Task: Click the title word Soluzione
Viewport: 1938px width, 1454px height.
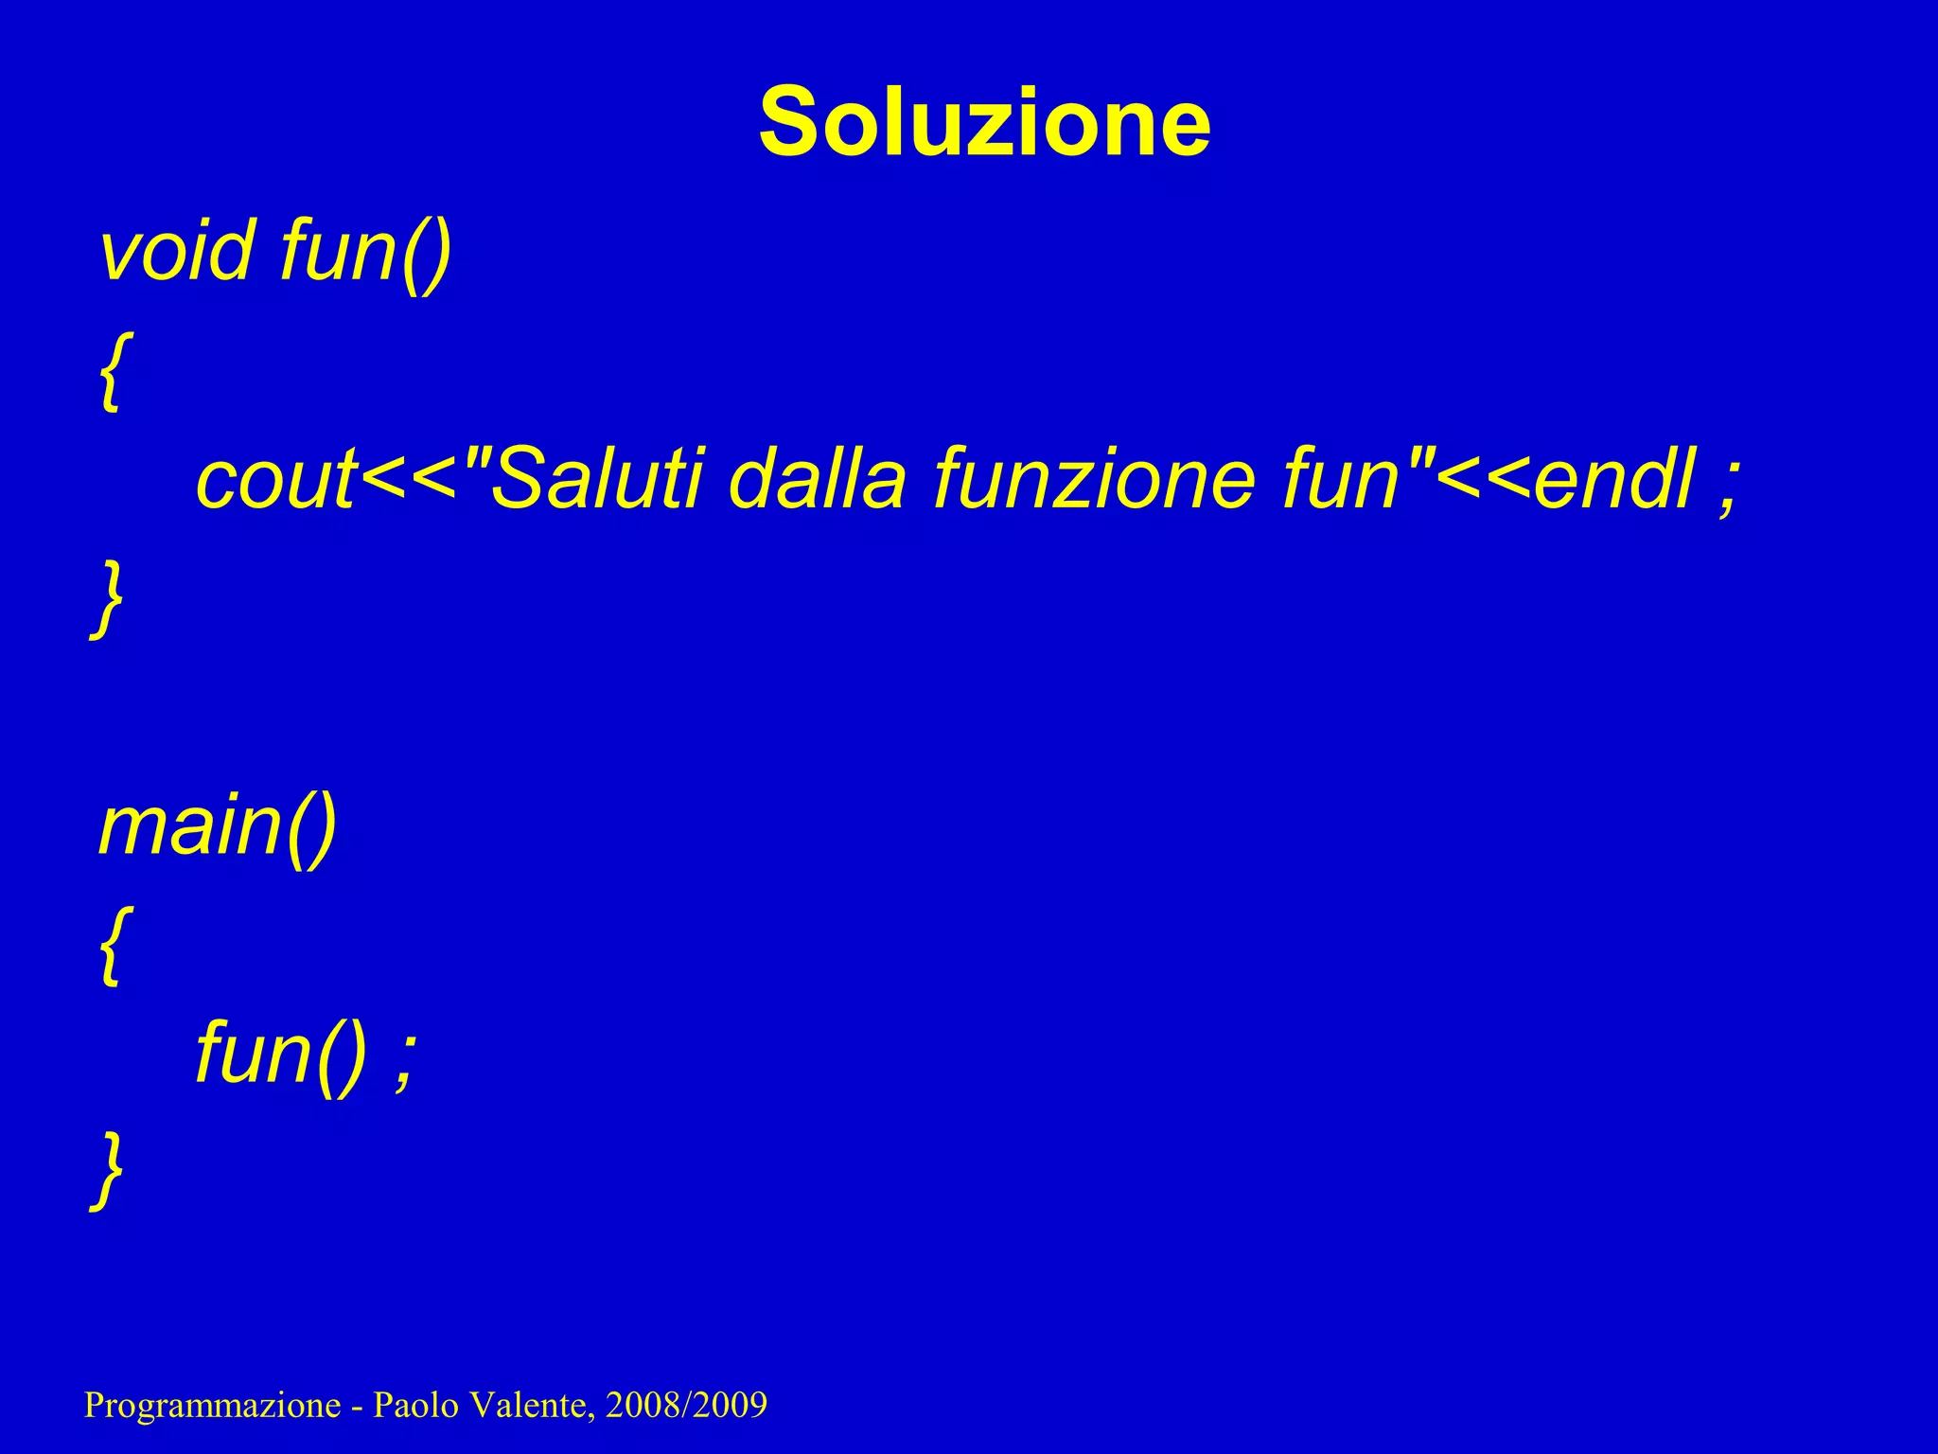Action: (x=984, y=122)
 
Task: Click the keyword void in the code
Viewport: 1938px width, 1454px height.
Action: (x=177, y=252)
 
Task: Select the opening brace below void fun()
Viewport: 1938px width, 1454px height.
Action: (x=110, y=370)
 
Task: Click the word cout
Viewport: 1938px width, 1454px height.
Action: (x=275, y=480)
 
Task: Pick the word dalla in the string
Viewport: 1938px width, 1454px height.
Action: (x=818, y=480)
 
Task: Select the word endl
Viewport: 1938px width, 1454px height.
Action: (x=1614, y=480)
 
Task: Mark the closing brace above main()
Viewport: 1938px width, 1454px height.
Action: (x=108, y=599)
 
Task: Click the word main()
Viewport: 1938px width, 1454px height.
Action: (x=218, y=826)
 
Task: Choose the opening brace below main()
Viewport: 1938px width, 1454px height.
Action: (x=110, y=944)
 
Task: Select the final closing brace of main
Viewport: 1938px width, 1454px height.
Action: (x=108, y=1171)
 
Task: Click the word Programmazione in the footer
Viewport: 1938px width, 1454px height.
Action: (x=212, y=1405)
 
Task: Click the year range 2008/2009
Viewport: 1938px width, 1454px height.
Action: (x=686, y=1405)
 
